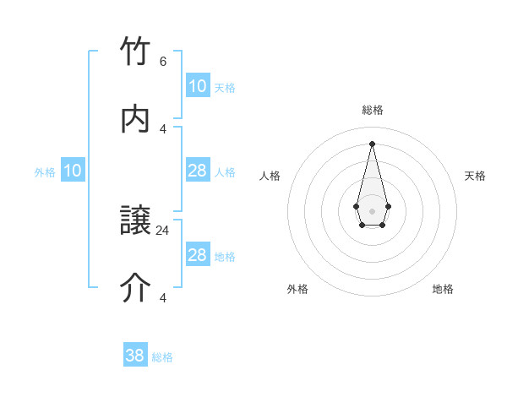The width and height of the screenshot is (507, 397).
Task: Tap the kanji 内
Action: point(136,119)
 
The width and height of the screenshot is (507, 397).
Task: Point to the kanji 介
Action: point(136,288)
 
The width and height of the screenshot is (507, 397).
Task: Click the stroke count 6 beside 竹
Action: point(163,62)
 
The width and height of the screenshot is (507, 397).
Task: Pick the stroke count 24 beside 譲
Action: point(163,230)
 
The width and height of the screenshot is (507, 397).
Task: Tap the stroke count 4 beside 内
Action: point(163,128)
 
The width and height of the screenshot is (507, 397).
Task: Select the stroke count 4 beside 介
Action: point(163,297)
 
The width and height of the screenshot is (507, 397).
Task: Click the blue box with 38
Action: point(135,356)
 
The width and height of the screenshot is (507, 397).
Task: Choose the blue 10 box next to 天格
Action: point(198,86)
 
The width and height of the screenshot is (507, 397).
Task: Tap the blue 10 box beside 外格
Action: point(73,171)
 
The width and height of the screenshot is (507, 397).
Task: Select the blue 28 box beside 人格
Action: point(198,171)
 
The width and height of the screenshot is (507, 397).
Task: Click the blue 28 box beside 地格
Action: point(198,255)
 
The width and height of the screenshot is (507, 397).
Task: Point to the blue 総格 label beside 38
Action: point(162,357)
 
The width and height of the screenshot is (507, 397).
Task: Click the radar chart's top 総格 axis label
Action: point(373,110)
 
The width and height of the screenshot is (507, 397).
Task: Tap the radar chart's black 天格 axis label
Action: point(476,176)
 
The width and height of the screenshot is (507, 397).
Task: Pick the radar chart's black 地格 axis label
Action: point(443,289)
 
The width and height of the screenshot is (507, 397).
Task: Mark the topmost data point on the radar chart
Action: point(372,143)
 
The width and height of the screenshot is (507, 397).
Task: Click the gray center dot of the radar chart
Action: point(372,210)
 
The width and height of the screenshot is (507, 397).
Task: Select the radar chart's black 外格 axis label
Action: point(297,289)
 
